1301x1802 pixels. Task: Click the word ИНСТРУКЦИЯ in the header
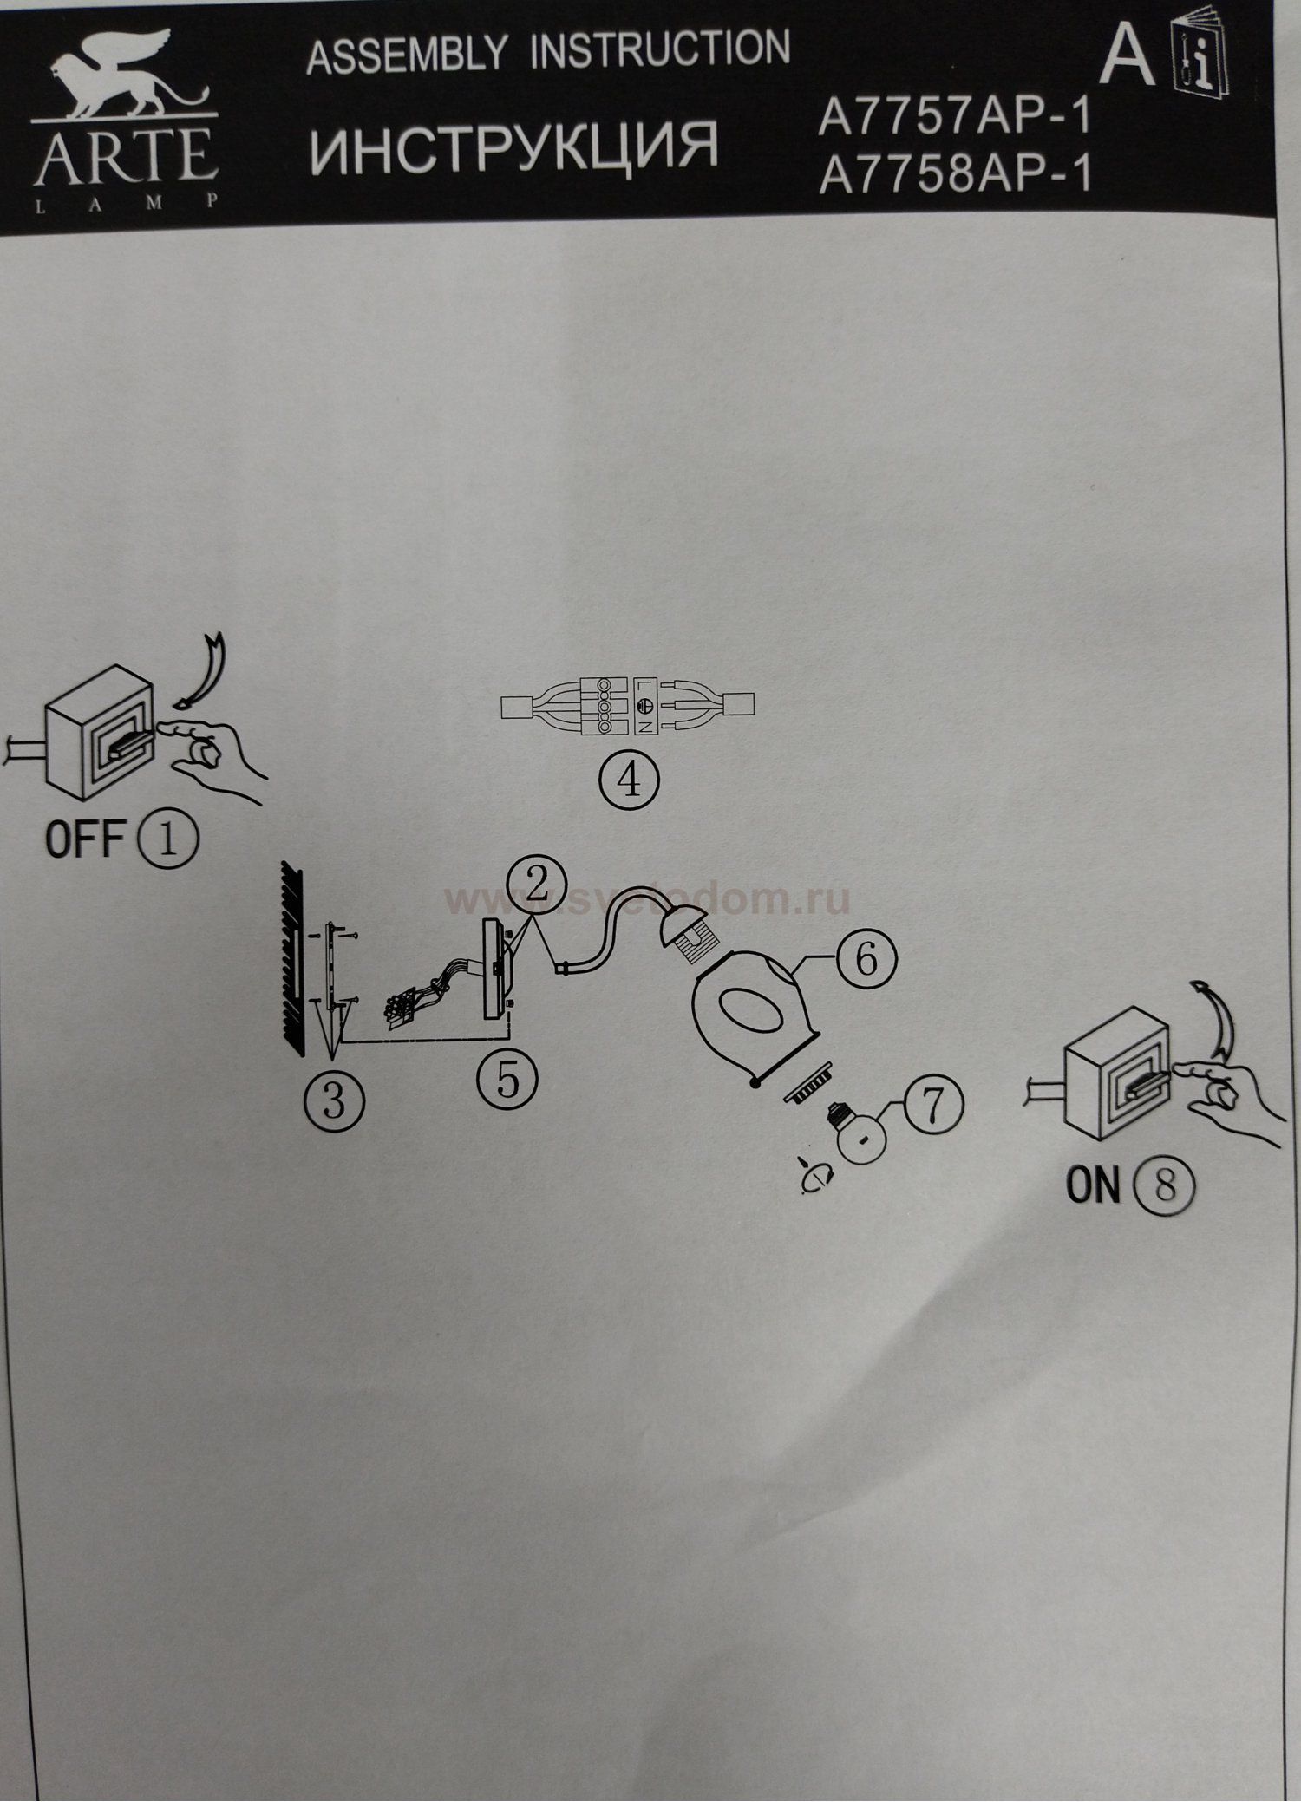coord(513,146)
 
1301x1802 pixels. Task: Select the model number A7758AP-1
coord(953,177)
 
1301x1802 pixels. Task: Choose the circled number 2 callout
coord(538,886)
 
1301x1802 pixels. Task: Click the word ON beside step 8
coord(1094,1185)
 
